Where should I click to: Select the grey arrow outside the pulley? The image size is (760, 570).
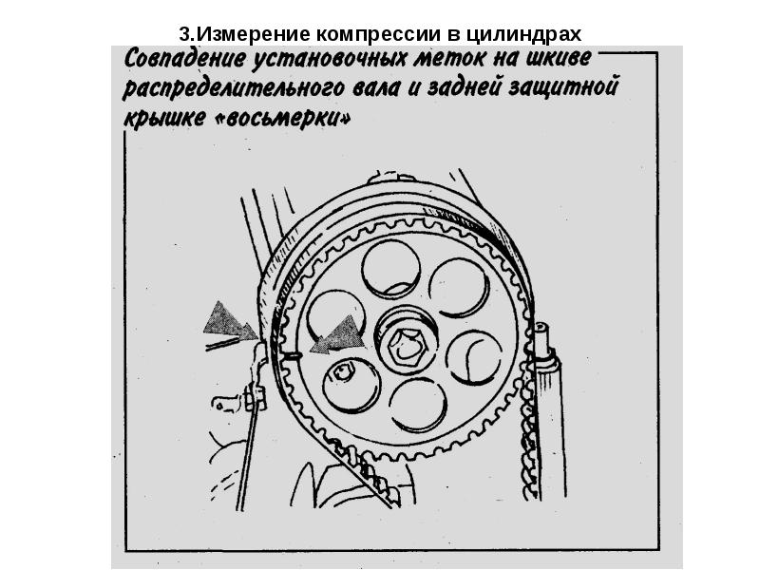pos(230,321)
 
